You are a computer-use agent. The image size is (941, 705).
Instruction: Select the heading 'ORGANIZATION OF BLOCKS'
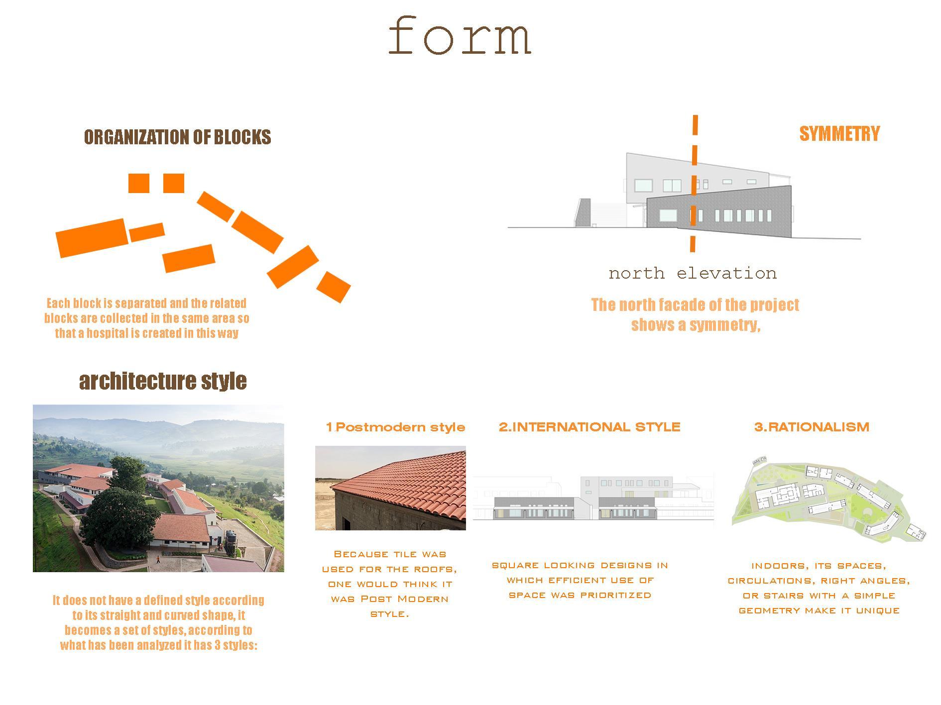click(x=177, y=137)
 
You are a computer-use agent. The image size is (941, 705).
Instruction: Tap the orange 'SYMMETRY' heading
click(x=839, y=133)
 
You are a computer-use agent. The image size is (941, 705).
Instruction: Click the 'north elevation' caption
click(x=693, y=273)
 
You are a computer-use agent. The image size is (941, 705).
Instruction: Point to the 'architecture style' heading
click(x=163, y=381)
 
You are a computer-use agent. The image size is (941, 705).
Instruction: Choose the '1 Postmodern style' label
click(x=395, y=427)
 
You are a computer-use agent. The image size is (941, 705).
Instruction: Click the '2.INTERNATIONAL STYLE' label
click(x=589, y=427)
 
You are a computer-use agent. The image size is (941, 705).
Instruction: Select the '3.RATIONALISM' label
click(x=812, y=427)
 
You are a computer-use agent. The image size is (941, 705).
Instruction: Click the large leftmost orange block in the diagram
click(x=92, y=238)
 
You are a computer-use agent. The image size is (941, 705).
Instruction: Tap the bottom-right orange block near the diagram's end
click(x=334, y=287)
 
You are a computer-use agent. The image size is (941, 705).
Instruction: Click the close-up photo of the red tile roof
click(x=390, y=488)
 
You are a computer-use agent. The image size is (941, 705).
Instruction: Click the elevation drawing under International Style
click(x=592, y=499)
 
